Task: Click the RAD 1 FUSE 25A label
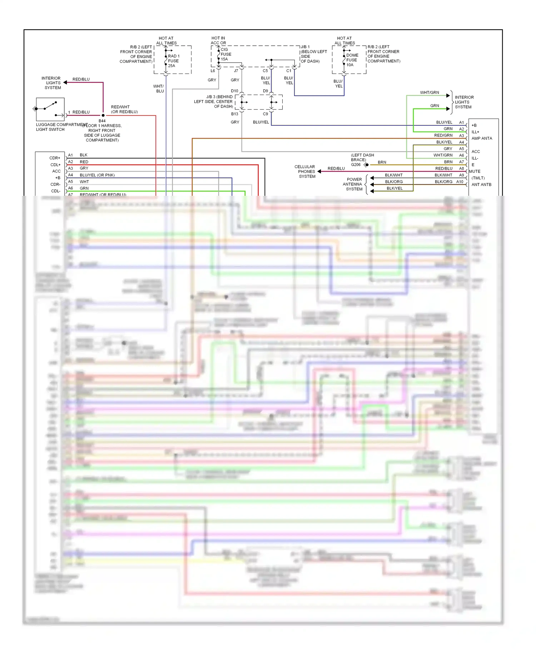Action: pyautogui.click(x=174, y=61)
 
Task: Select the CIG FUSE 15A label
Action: pyautogui.click(x=226, y=54)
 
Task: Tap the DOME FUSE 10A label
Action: pyautogui.click(x=352, y=60)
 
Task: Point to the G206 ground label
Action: pyautogui.click(x=356, y=165)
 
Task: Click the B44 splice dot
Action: pyautogui.click(x=103, y=115)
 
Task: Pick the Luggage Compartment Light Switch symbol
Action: pyautogui.click(x=50, y=109)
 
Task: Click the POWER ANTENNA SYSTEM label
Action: pyautogui.click(x=353, y=184)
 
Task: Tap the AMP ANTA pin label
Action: pyautogui.click(x=481, y=138)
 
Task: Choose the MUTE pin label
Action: pyautogui.click(x=475, y=171)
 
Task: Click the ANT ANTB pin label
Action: pyautogui.click(x=481, y=185)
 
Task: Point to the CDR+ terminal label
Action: pyautogui.click(x=55, y=158)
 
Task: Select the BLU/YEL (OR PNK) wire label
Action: pyautogui.click(x=97, y=175)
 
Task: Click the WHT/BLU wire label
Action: pyautogui.click(x=159, y=89)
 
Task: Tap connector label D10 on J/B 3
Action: pyautogui.click(x=234, y=91)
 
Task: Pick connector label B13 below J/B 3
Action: pyautogui.click(x=234, y=114)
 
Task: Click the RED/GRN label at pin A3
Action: pyautogui.click(x=443, y=135)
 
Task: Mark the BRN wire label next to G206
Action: pyautogui.click(x=382, y=162)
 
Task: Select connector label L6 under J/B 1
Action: pyautogui.click(x=213, y=71)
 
